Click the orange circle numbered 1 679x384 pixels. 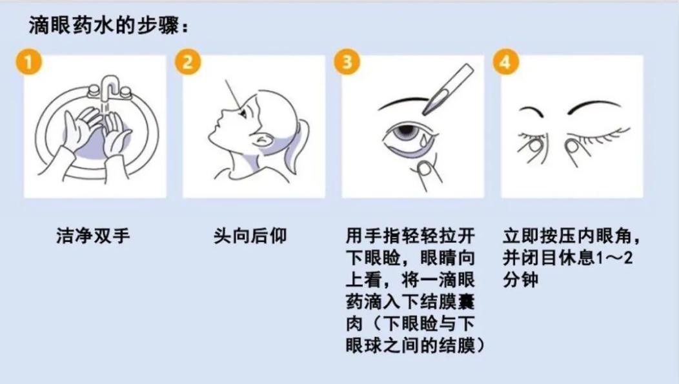(28, 62)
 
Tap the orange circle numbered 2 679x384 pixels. (188, 62)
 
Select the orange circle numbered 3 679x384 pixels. (347, 62)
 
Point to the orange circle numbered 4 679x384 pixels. (506, 62)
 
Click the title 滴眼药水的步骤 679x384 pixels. (104, 26)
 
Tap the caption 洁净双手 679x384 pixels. (93, 236)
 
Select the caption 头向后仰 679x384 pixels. (250, 236)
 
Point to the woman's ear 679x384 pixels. (263, 140)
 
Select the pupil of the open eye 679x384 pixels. (407, 130)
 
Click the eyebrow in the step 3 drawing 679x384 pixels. (403, 102)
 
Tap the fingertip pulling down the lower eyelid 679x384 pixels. (427, 169)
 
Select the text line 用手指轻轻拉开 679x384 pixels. (410, 236)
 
